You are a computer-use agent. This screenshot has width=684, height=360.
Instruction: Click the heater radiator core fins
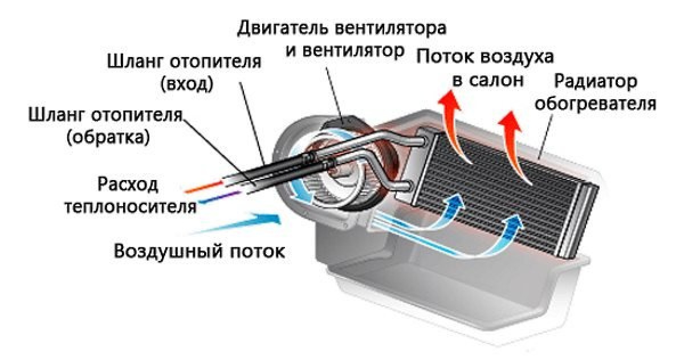click(x=502, y=188)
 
